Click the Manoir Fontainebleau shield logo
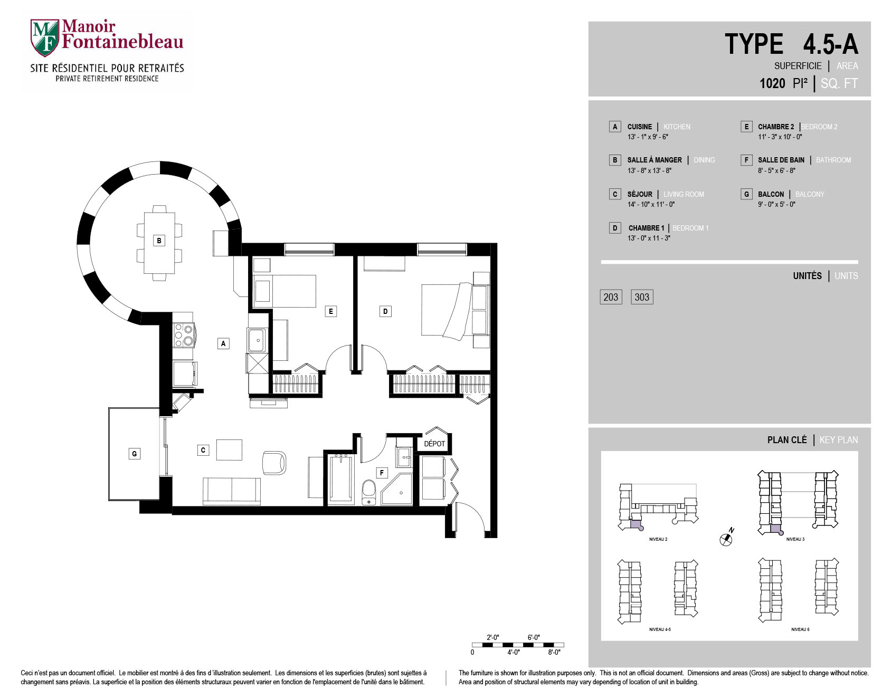(45, 38)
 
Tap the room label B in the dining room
(159, 241)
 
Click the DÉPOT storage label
(434, 444)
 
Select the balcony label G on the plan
(135, 454)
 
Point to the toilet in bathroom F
(369, 492)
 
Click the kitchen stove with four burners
(184, 334)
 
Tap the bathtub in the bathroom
(341, 479)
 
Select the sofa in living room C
(232, 491)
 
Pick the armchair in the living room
(274, 463)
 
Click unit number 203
(611, 297)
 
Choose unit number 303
(642, 297)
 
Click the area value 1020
(772, 83)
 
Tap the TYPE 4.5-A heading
(791, 44)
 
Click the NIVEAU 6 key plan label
(800, 629)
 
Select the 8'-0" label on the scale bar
(554, 653)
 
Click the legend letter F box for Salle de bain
(746, 160)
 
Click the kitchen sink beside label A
(257, 340)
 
